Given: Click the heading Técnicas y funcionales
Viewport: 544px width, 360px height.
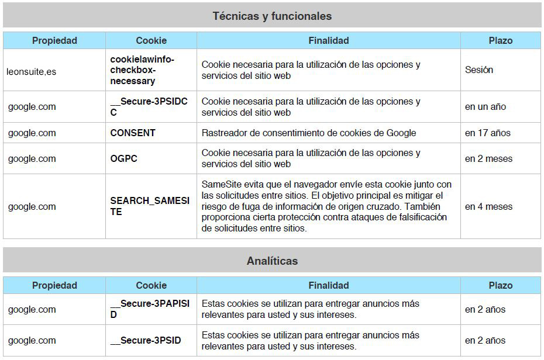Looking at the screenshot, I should (272, 16).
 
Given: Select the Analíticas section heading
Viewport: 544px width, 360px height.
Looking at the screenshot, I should (272, 261).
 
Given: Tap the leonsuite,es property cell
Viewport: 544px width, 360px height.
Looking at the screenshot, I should (32, 72).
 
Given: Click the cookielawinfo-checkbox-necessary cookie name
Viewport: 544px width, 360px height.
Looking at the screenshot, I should (142, 70).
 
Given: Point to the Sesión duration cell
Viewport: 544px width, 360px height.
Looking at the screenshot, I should (479, 70).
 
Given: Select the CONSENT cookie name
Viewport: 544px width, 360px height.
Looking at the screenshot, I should (133, 133).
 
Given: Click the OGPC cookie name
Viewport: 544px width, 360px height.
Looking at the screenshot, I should (124, 159).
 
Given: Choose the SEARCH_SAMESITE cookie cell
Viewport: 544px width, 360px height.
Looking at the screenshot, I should (150, 206).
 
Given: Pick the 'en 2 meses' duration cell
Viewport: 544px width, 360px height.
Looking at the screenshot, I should (488, 159).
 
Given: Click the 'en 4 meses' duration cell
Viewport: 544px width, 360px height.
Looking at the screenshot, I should (488, 207).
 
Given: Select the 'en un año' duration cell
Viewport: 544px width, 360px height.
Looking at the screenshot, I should (486, 107).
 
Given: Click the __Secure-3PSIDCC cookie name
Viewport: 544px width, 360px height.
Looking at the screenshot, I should (149, 107).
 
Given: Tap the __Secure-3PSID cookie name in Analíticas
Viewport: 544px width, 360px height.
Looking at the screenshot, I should (146, 341).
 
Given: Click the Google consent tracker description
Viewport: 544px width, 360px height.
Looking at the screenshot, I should (309, 133).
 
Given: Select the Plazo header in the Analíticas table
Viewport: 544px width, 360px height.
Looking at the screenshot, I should (500, 286).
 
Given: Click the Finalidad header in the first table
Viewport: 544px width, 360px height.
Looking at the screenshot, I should (328, 41).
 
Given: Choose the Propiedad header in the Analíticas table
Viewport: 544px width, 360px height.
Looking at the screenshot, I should (54, 286).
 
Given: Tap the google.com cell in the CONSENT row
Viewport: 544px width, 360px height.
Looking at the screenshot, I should (32, 133).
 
